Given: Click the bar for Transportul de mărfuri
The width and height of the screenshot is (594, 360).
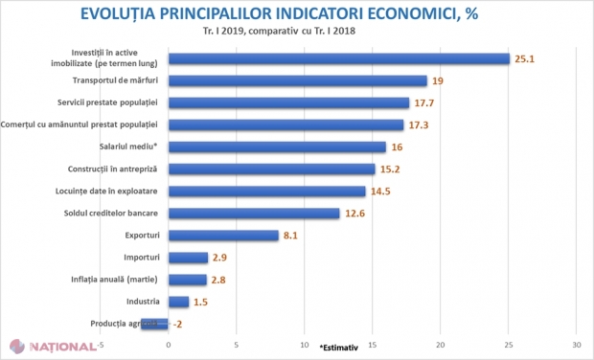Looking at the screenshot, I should click(x=297, y=81).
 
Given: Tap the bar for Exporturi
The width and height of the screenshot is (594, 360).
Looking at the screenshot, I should click(x=223, y=236).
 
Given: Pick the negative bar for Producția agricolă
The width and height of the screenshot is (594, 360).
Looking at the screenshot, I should click(x=155, y=324).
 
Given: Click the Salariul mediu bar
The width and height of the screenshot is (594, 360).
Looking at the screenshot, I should click(x=277, y=147).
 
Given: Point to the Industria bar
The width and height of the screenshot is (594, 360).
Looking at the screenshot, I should click(x=178, y=302).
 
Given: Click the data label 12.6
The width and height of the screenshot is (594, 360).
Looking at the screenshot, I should click(x=354, y=214).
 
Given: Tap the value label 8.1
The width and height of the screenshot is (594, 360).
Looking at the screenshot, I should click(x=292, y=236).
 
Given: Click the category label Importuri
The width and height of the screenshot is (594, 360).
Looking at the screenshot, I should click(x=143, y=257).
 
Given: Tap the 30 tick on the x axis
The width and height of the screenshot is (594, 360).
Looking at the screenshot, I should click(x=576, y=344).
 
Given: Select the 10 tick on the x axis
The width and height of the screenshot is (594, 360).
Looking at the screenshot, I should click(x=305, y=344).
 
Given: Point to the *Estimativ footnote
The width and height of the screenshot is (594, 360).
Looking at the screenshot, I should click(x=344, y=347).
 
